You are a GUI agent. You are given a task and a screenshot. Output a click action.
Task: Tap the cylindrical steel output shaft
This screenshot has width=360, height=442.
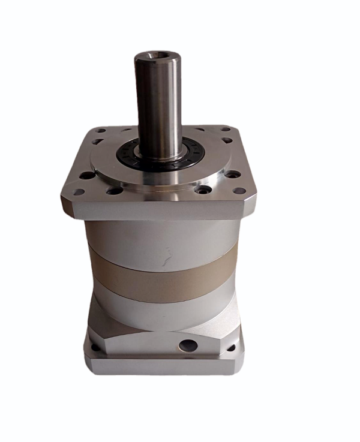[158, 102]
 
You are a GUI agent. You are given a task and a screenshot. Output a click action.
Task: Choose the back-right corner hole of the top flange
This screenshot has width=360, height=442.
[224, 128]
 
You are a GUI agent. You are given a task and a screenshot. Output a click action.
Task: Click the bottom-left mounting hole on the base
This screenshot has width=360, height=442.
[94, 346]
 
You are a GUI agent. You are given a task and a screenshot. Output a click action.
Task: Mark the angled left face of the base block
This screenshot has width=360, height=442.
[99, 324]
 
